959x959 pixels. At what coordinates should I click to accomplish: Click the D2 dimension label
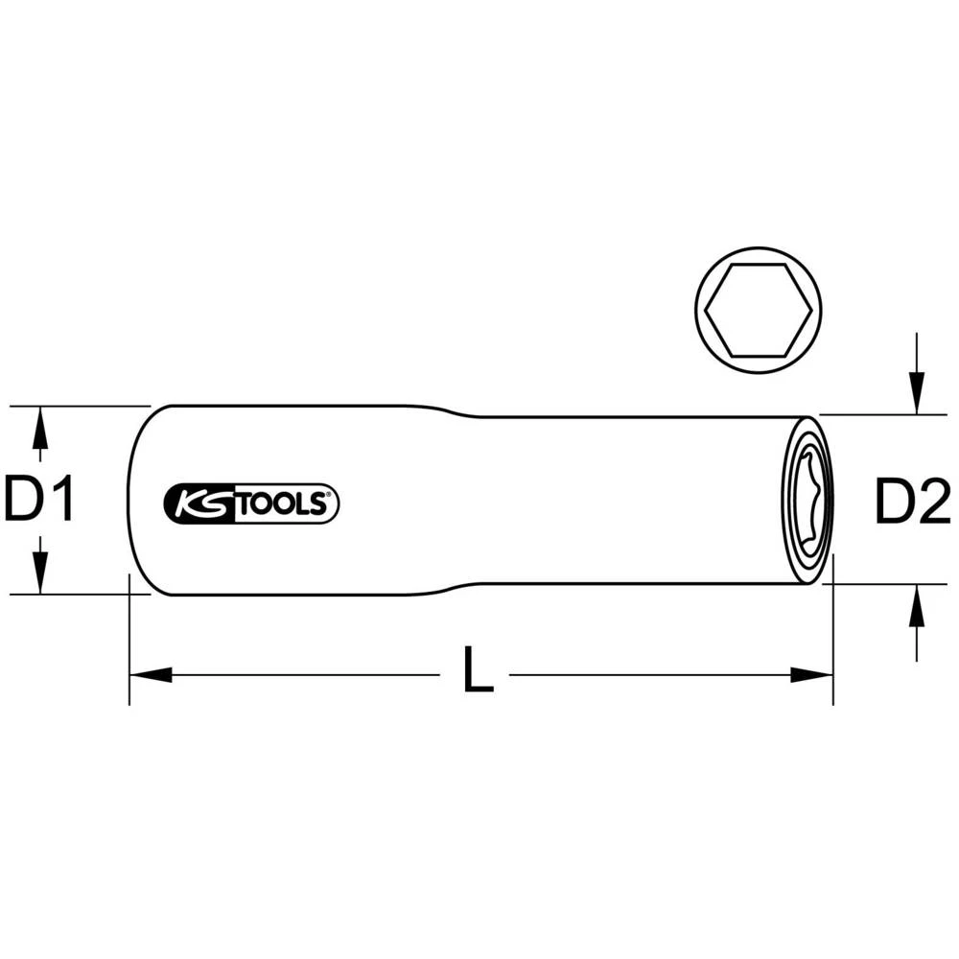coord(911,502)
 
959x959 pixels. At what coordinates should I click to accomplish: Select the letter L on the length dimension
coord(477,670)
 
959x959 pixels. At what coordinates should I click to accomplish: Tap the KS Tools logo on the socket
coord(252,503)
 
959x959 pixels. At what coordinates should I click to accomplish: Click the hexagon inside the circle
coord(759,310)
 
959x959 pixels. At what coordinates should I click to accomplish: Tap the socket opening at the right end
coord(807,501)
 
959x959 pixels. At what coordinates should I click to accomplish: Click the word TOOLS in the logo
coord(283,503)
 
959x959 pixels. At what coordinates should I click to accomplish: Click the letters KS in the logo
coord(199,503)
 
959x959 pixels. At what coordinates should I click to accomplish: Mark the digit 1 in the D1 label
coord(61,500)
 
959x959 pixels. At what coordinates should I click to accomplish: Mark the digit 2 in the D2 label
coord(931,502)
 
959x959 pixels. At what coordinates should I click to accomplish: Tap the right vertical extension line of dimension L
coord(833,633)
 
